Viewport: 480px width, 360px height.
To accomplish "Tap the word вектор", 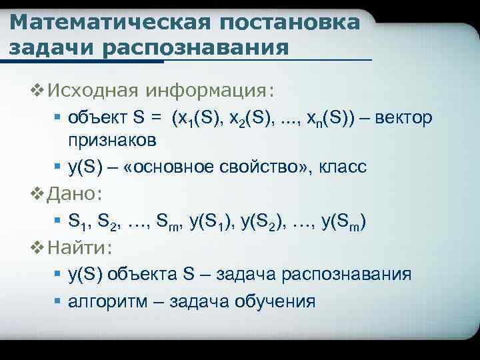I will pyautogui.click(x=404, y=118).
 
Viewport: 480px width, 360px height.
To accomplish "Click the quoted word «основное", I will pyautogui.click(x=175, y=166).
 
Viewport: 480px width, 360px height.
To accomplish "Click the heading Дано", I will pyautogui.click(x=73, y=195).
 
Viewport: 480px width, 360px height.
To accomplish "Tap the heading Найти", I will pyautogui.click(x=80, y=248).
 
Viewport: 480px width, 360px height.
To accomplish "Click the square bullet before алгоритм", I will pyautogui.click(x=58, y=301).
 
